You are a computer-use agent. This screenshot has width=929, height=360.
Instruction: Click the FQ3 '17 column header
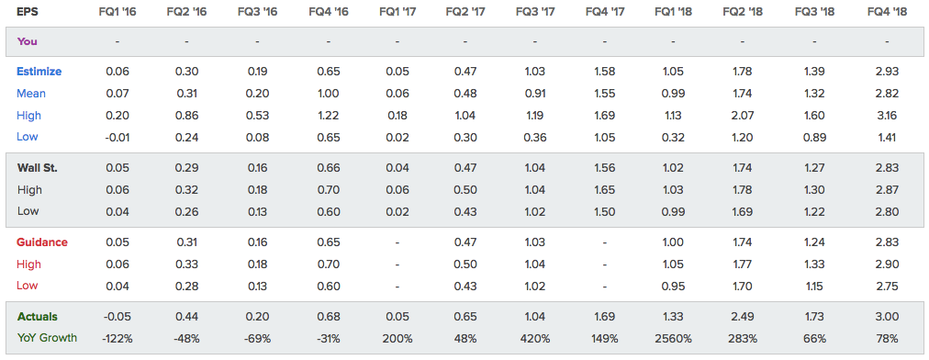pyautogui.click(x=534, y=11)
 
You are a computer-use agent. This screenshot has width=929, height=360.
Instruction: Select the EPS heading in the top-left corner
pyautogui.click(x=27, y=11)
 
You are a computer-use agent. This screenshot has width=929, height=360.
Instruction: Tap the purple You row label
pyautogui.click(x=28, y=41)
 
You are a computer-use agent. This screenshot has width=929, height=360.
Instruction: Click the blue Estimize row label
pyautogui.click(x=39, y=72)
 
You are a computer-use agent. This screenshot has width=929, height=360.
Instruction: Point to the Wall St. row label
pyautogui.click(x=38, y=168)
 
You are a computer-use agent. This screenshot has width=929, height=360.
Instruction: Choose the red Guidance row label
pyautogui.click(x=42, y=242)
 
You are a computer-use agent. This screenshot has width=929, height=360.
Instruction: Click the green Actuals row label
pyautogui.click(x=38, y=317)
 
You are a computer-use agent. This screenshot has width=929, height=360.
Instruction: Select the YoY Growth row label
pyautogui.click(x=47, y=338)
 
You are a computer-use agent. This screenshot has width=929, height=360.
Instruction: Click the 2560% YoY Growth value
pyautogui.click(x=673, y=339)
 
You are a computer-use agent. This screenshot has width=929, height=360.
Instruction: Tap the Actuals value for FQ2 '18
pyautogui.click(x=742, y=318)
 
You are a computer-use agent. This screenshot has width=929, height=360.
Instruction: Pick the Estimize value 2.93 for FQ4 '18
pyautogui.click(x=888, y=72)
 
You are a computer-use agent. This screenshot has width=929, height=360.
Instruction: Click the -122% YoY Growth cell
pyautogui.click(x=118, y=339)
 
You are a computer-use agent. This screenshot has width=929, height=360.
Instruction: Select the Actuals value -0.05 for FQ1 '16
pyautogui.click(x=118, y=318)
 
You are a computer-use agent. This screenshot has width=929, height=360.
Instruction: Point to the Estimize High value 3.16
pyautogui.click(x=888, y=116)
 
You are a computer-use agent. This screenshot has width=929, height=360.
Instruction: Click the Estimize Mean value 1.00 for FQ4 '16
pyautogui.click(x=328, y=94)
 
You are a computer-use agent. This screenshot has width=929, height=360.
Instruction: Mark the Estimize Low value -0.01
pyautogui.click(x=118, y=137)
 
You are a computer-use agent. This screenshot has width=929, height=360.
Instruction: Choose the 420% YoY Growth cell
pyautogui.click(x=534, y=339)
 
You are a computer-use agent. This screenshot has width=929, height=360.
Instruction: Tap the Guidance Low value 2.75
pyautogui.click(x=888, y=286)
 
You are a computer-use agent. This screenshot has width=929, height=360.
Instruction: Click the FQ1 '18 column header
pyautogui.click(x=673, y=11)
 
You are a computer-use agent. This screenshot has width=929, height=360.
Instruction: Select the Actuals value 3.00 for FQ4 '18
pyautogui.click(x=888, y=318)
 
